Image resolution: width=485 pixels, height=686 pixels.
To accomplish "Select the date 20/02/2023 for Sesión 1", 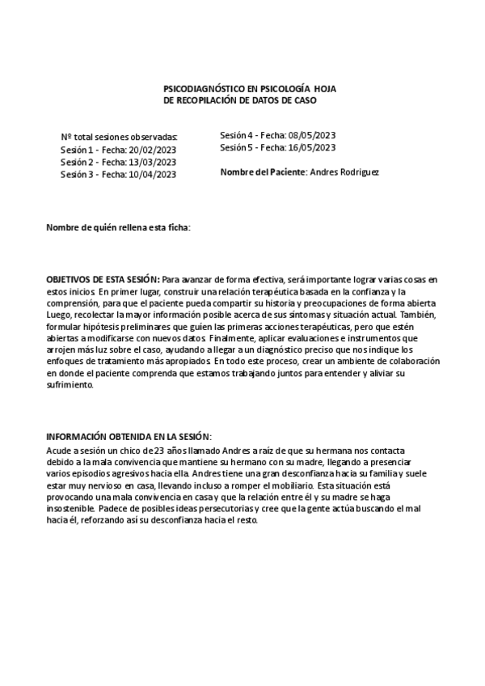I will pos(152,150).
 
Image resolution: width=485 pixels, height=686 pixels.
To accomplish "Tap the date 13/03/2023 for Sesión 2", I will pos(152,162).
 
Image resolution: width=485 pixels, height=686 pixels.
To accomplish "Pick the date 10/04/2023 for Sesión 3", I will pos(152,174).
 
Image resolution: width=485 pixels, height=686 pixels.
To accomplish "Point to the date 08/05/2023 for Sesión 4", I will pos(311,135).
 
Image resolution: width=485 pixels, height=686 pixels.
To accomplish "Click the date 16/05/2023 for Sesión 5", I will pos(311,147).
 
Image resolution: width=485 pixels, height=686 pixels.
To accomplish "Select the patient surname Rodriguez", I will pos(357,172).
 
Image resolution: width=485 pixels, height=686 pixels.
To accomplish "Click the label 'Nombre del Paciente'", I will pos(263,172).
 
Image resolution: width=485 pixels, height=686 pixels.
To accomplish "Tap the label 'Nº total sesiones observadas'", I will pos(119,138).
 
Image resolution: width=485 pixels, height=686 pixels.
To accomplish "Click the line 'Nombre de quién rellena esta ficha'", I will pos(119,228).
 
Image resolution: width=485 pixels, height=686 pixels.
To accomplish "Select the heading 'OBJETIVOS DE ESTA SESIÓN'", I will pos(103,279).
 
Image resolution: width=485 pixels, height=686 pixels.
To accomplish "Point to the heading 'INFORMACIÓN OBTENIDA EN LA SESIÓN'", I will pos(129,435).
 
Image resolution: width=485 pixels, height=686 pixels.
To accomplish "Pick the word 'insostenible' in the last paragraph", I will pos(70,510).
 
